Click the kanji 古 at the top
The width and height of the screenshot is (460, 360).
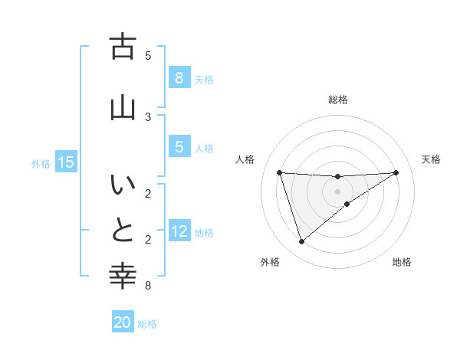click(123, 48)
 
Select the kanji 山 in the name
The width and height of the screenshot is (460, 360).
click(123, 106)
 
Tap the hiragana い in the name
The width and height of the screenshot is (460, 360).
click(123, 186)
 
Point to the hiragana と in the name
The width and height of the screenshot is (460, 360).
click(123, 231)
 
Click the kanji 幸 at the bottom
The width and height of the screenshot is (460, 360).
click(123, 275)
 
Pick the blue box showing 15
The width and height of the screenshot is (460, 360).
click(65, 162)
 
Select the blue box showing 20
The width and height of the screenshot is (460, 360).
click(123, 323)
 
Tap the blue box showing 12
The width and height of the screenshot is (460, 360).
click(179, 232)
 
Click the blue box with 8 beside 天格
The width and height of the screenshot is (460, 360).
click(179, 78)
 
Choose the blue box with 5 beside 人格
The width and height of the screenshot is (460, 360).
click(179, 148)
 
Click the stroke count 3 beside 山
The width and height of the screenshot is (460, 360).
click(148, 116)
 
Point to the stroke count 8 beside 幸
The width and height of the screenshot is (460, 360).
click(148, 286)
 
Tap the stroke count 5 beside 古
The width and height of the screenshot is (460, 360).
click(148, 55)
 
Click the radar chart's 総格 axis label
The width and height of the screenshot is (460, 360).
click(338, 100)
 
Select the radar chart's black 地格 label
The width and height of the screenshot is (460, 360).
click(402, 262)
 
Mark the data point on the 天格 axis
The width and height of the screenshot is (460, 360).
click(396, 172)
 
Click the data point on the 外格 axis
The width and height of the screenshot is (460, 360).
click(301, 242)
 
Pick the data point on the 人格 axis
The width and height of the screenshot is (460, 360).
click(279, 172)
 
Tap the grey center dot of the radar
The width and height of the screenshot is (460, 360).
click(338, 191)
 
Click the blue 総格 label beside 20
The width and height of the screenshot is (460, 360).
click(147, 324)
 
